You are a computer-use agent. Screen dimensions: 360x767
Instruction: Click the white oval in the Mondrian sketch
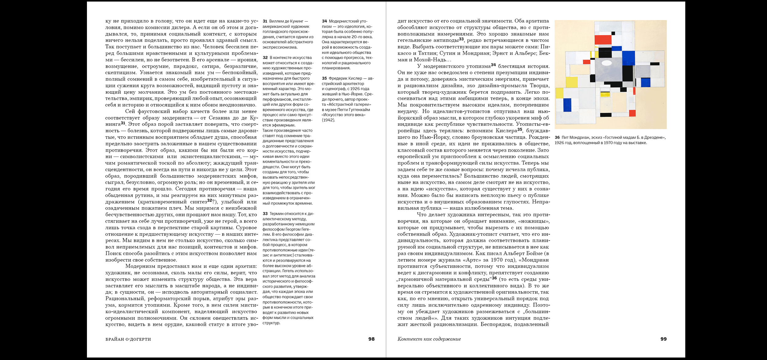(606, 63)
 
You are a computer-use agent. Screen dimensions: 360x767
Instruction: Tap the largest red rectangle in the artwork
(603, 40)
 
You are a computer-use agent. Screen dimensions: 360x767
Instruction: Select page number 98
(371, 339)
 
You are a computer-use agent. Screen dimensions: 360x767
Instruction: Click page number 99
(663, 339)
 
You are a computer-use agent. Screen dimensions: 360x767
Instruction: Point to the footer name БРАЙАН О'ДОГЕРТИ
(128, 339)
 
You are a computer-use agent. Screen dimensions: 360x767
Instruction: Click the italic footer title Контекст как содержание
(429, 339)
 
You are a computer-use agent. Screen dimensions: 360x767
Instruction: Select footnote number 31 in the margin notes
(265, 21)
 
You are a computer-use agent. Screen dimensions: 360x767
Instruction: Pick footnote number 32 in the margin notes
(265, 58)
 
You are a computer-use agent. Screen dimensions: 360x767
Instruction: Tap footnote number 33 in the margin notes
(265, 214)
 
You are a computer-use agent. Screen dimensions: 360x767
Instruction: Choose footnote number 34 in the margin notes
(324, 21)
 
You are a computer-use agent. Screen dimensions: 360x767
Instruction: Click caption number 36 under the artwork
(557, 137)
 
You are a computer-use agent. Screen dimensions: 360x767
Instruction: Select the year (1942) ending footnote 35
(328, 120)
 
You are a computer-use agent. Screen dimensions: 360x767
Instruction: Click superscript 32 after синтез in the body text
(210, 200)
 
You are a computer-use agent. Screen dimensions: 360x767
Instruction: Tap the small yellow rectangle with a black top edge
(605, 94)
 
